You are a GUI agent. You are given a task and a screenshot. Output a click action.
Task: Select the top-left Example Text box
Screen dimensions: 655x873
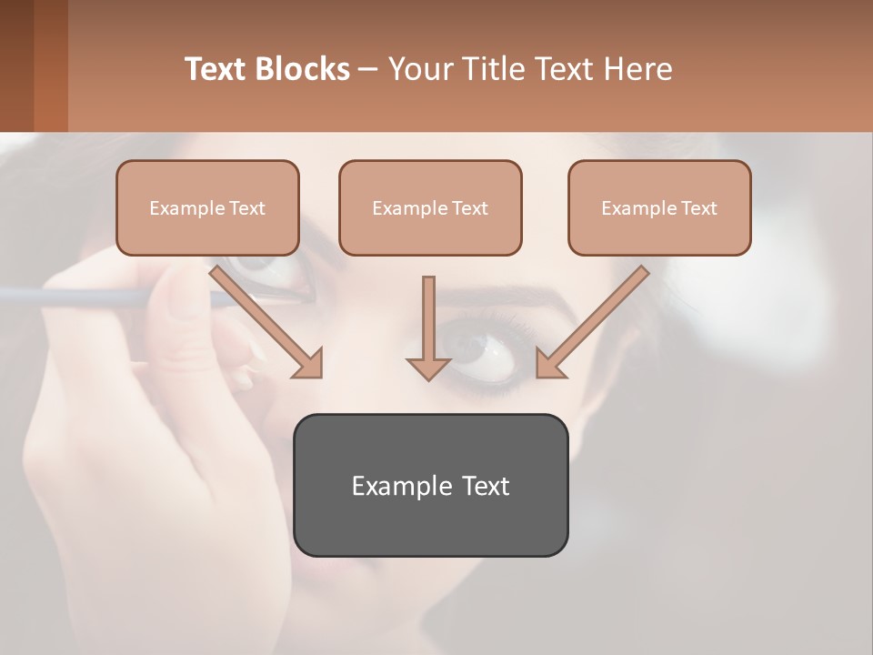pyautogui.click(x=207, y=208)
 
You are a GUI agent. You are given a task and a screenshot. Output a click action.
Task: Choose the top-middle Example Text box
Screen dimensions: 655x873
pyautogui.click(x=430, y=208)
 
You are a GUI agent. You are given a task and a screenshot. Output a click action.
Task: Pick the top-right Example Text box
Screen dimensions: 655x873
pyautogui.click(x=659, y=208)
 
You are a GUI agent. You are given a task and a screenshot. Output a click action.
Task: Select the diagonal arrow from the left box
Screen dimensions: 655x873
pyautogui.click(x=264, y=319)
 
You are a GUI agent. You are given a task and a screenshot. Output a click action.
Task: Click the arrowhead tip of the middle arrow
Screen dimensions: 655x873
pyautogui.click(x=428, y=374)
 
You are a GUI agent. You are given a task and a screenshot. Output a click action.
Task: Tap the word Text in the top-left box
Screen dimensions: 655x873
pyautogui.click(x=247, y=208)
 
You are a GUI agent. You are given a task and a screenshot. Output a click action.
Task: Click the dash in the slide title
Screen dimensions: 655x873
pyautogui.click(x=367, y=70)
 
